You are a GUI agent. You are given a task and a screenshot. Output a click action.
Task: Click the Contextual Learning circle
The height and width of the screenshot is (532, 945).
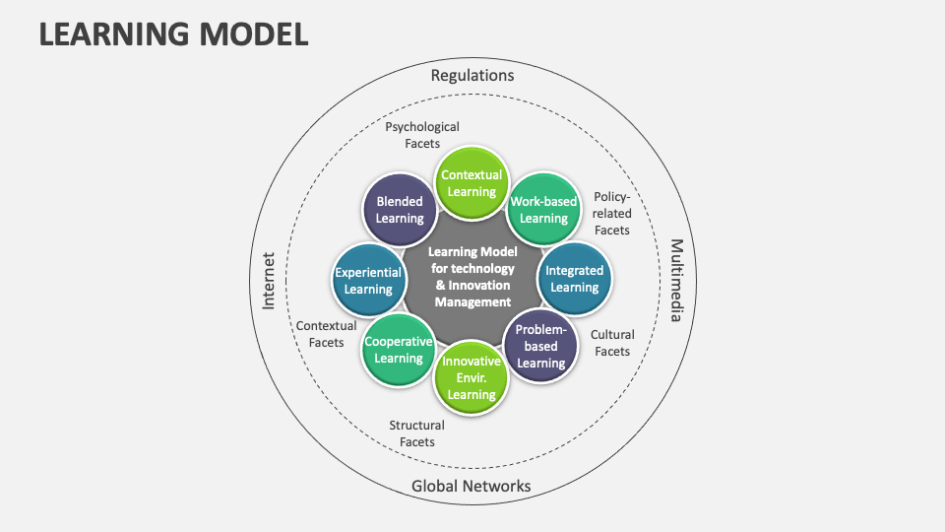pyautogui.click(x=471, y=183)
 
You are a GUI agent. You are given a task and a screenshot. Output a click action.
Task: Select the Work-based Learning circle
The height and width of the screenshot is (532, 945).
pyautogui.click(x=543, y=210)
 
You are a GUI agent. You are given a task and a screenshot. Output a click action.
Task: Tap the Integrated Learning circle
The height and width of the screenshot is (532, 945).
pyautogui.click(x=574, y=279)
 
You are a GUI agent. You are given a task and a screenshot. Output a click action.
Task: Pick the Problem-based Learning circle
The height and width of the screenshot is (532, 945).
pyautogui.click(x=540, y=346)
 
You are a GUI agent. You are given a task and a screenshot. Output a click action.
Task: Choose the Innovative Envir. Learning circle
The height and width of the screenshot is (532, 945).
pyautogui.click(x=471, y=377)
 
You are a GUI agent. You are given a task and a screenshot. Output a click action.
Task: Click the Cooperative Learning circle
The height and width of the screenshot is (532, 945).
pyautogui.click(x=399, y=350)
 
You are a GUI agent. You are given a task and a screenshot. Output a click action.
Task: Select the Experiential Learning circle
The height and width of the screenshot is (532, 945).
pyautogui.click(x=368, y=281)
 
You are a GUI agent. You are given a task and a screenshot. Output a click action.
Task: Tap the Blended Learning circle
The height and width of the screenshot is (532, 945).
pyautogui.click(x=400, y=211)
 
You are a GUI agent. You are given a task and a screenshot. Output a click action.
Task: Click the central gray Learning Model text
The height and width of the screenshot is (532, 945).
pyautogui.click(x=472, y=277)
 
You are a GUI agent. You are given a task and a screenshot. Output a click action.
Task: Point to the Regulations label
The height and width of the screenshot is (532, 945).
pyautogui.click(x=472, y=75)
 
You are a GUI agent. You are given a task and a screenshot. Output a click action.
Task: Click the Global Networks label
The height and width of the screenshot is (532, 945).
pyautogui.click(x=471, y=486)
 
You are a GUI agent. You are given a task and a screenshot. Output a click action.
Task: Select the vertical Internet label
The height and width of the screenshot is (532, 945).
pyautogui.click(x=269, y=280)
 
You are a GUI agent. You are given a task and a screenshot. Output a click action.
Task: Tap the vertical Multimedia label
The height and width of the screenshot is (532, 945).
pyautogui.click(x=676, y=280)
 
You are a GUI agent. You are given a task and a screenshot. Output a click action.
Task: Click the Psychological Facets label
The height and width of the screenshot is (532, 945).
pyautogui.click(x=421, y=135)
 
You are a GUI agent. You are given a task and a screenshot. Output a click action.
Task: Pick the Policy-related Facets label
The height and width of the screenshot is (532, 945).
pyautogui.click(x=611, y=213)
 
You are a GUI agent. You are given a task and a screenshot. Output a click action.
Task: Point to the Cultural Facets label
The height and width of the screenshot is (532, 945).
pyautogui.click(x=611, y=343)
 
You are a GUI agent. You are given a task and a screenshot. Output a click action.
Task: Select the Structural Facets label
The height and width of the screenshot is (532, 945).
pyautogui.click(x=416, y=433)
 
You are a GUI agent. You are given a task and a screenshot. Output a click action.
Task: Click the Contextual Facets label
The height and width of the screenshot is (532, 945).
pyautogui.click(x=326, y=334)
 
